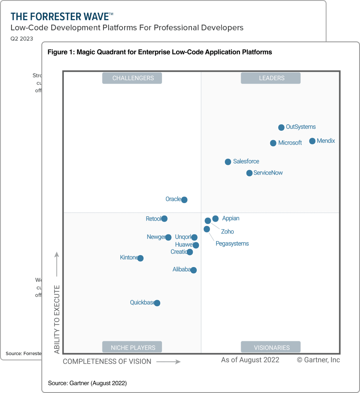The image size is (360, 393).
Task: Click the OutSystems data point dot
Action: coord(281,127)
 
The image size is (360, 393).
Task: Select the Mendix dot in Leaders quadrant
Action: coord(312,141)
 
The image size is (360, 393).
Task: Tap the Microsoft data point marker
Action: coord(273,143)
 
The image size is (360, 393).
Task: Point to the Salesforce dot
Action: coord(228,162)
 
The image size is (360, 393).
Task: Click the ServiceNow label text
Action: coord(268,173)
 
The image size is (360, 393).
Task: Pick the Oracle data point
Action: coord(184,200)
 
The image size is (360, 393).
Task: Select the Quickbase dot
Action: coord(157,303)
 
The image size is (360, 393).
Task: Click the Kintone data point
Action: coord(140,258)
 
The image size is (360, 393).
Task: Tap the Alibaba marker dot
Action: coord(194,270)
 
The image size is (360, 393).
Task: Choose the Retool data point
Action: coord(164,219)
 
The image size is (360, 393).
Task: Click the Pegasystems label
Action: coord(232,244)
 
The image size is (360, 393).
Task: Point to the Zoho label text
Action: coord(228,232)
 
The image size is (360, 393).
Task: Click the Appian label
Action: coord(231,219)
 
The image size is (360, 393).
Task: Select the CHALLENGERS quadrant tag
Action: coord(132,78)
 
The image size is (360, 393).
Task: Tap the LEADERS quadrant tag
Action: coord(271,78)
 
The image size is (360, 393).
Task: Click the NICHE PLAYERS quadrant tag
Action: coord(132,347)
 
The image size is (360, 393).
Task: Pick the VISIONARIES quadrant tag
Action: coord(271,347)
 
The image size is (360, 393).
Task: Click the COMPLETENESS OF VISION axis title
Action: coord(107,362)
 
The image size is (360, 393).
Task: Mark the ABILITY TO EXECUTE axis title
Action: coord(57,319)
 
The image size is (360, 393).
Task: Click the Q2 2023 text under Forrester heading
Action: coord(22,39)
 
